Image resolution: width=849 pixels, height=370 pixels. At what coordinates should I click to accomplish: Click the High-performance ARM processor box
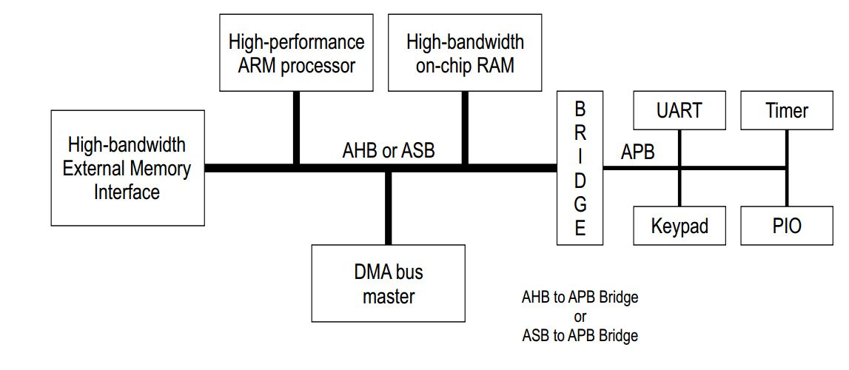pyautogui.click(x=296, y=53)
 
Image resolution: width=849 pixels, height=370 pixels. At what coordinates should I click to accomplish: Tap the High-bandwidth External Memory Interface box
pyautogui.click(x=127, y=168)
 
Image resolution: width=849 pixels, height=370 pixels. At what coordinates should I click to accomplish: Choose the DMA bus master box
pyautogui.click(x=389, y=283)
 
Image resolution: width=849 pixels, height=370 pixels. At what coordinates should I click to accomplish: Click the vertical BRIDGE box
pyautogui.click(x=580, y=169)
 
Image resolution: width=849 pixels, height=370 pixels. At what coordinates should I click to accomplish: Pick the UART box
pyautogui.click(x=679, y=111)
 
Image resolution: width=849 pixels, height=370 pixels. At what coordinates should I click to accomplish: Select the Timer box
pyautogui.click(x=786, y=111)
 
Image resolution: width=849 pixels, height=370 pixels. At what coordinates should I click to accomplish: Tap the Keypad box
pyautogui.click(x=679, y=226)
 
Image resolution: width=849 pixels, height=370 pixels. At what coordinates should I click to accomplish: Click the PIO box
pyautogui.click(x=786, y=226)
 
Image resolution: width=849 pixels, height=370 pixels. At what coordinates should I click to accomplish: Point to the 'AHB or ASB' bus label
pyautogui.click(x=388, y=150)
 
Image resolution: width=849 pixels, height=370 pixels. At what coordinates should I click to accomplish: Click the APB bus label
pyautogui.click(x=637, y=152)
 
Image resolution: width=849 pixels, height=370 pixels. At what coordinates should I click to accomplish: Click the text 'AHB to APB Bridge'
pyautogui.click(x=580, y=297)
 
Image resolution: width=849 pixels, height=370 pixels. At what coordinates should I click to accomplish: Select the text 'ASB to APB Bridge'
pyautogui.click(x=580, y=335)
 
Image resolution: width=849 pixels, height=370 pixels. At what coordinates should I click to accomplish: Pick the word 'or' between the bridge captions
pyautogui.click(x=580, y=317)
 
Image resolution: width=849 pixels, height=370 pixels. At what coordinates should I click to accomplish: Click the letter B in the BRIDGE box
pyautogui.click(x=580, y=110)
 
